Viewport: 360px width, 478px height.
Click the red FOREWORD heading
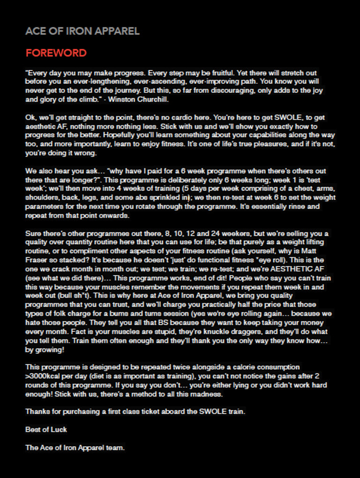pyautogui.click(x=56, y=53)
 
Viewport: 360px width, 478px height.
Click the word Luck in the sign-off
pyautogui.click(x=59, y=430)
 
